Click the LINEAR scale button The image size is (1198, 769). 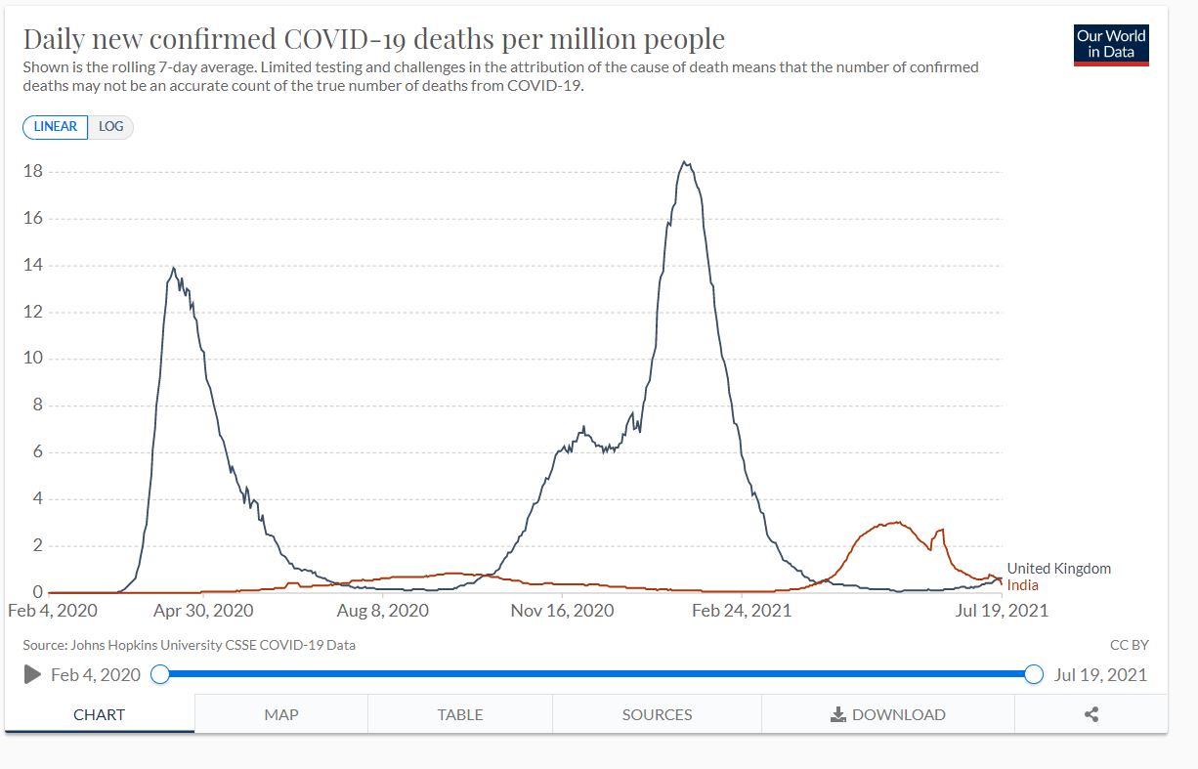click(56, 127)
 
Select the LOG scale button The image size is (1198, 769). click(110, 127)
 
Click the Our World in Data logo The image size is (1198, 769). click(1111, 44)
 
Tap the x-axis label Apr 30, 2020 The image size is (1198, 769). click(203, 611)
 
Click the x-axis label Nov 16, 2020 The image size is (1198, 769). click(563, 611)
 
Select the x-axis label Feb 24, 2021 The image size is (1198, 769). click(741, 611)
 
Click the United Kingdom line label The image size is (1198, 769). click(1058, 569)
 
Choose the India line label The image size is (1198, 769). click(1022, 585)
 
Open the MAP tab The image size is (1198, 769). click(281, 714)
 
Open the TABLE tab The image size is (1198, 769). click(460, 714)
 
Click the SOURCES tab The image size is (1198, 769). click(657, 714)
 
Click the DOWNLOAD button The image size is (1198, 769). click(888, 714)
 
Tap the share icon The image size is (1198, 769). click(1091, 714)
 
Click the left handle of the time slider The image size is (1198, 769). click(160, 674)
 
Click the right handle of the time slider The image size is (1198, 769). click(1034, 674)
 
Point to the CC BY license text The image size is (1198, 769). click(1129, 645)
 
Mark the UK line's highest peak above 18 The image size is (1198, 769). click(686, 163)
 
